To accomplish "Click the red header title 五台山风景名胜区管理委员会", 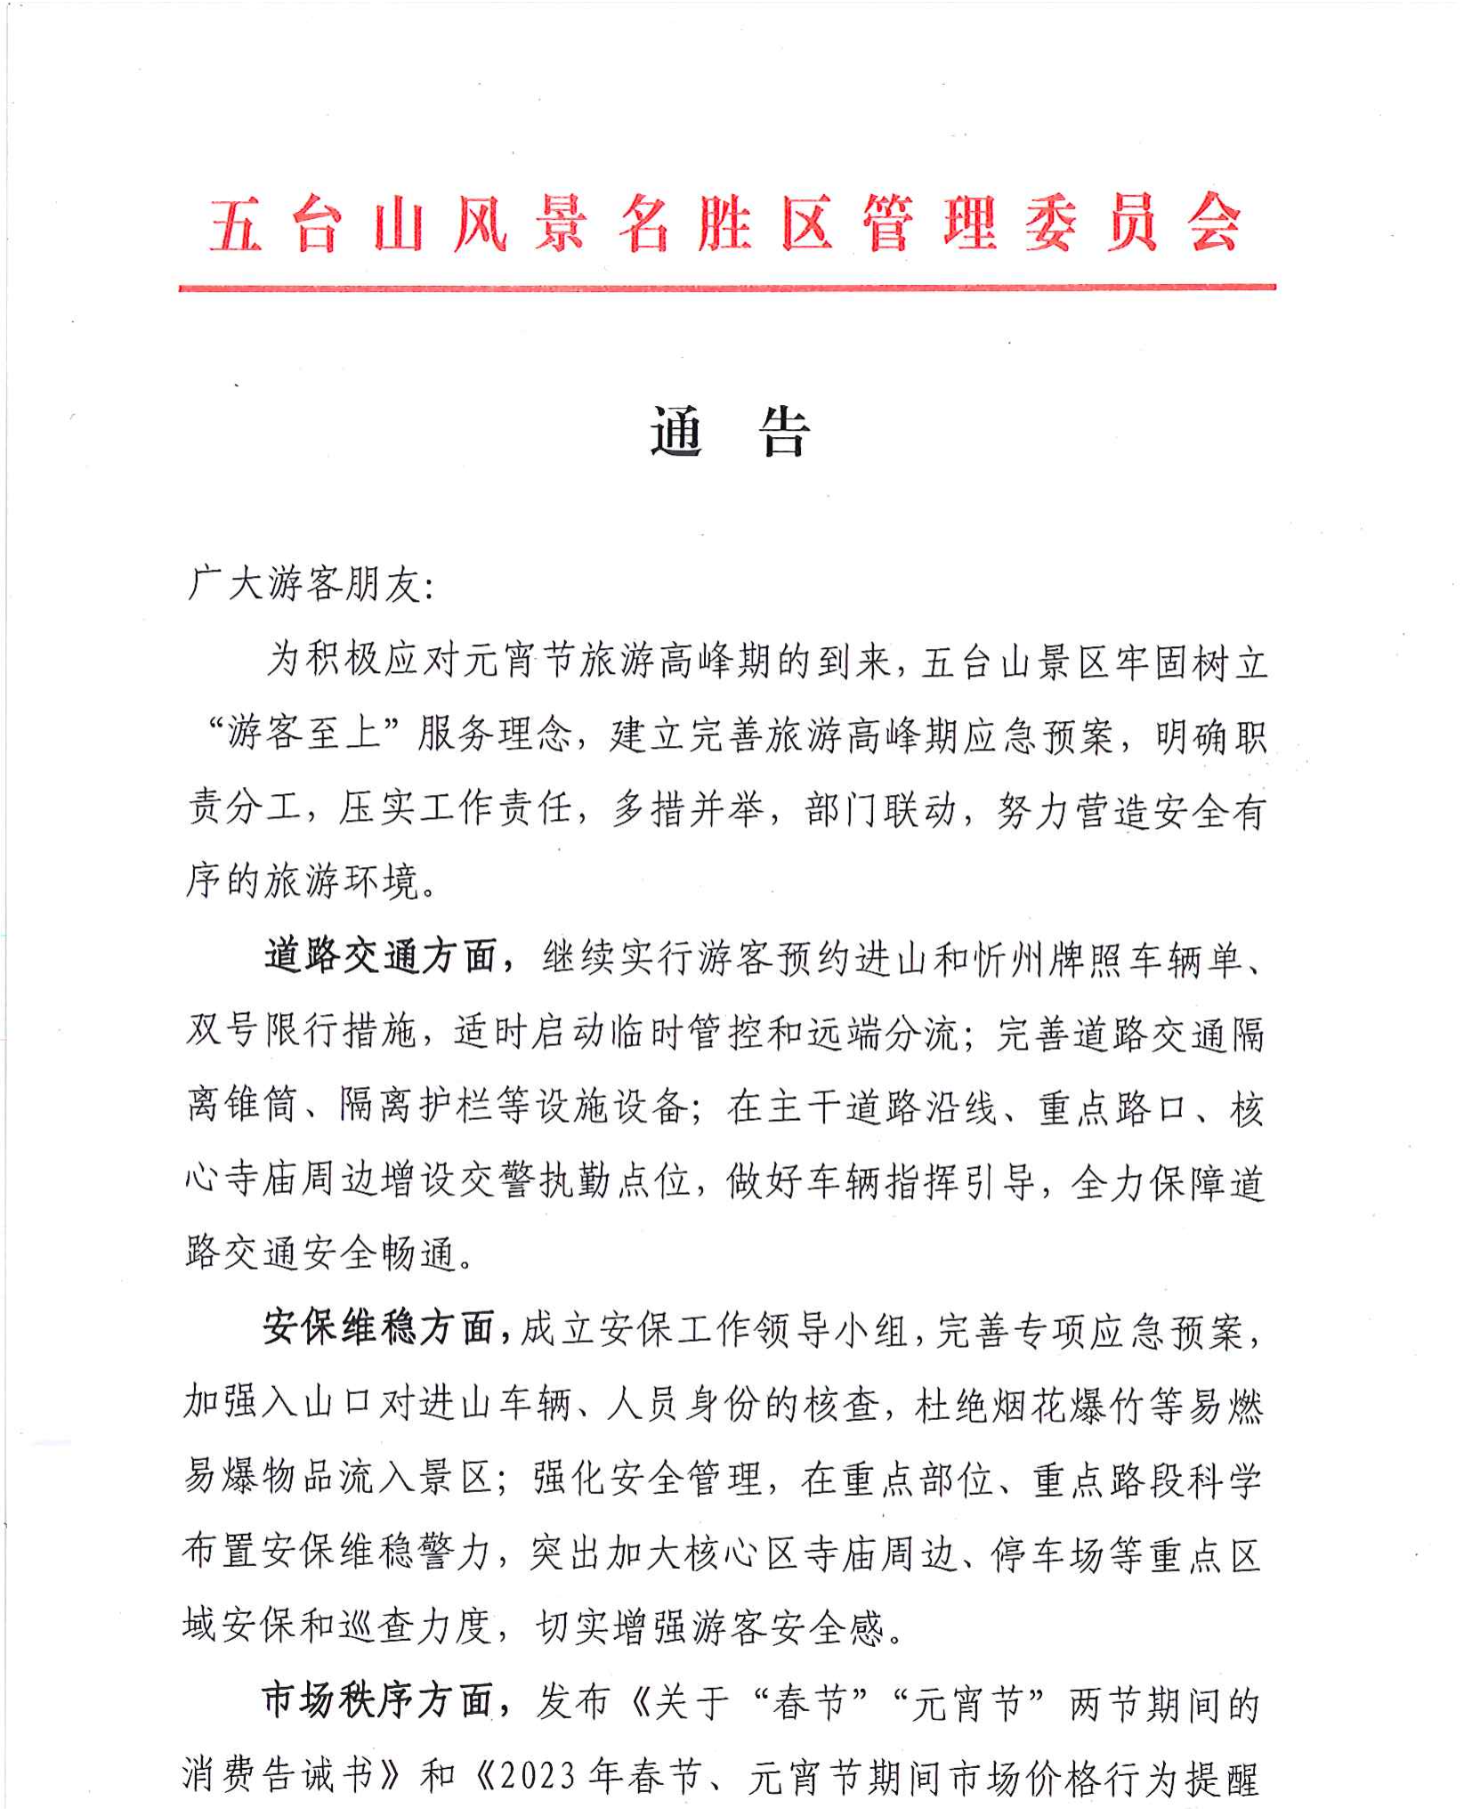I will pyautogui.click(x=725, y=223).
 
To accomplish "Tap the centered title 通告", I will pyautogui.click(x=730, y=434).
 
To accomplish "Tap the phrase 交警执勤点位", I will pyautogui.click(x=574, y=1181).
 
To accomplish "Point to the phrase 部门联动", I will pyautogui.click(x=880, y=810).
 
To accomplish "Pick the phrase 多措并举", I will pyautogui.click(x=687, y=810).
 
